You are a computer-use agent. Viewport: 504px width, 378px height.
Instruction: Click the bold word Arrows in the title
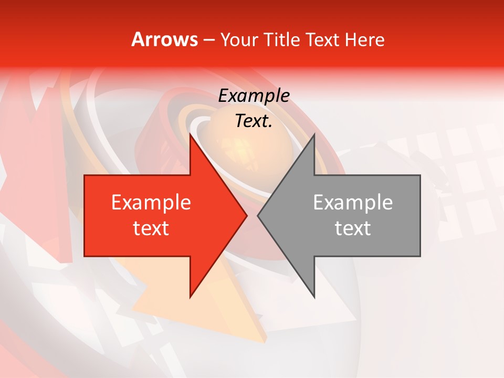164,40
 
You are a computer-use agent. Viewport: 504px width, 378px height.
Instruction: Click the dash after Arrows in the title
208,40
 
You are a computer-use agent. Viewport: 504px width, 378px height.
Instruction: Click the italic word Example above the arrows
254,96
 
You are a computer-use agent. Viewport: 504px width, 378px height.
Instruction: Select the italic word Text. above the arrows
254,121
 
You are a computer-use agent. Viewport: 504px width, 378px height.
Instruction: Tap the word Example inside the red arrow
151,203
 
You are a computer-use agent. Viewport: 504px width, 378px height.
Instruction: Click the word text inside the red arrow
151,228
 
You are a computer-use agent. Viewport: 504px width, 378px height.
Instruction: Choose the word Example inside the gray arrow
353,203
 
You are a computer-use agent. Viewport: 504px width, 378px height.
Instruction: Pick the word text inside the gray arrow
353,228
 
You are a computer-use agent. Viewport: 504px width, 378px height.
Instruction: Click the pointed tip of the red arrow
246,215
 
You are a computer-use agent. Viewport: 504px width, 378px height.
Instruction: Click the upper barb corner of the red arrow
191,134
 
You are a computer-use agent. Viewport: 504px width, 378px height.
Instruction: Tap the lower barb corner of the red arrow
191,297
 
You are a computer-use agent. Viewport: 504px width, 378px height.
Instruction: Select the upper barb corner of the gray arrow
314,134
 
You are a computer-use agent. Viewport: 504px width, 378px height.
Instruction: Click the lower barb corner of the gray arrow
314,297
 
